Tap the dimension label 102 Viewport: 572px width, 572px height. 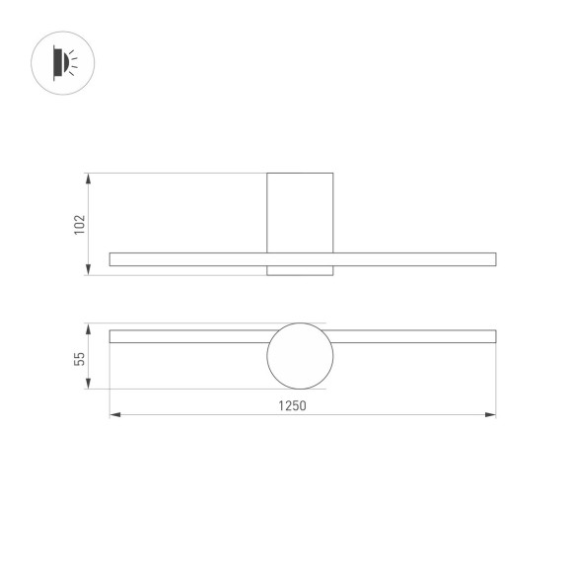click(x=78, y=224)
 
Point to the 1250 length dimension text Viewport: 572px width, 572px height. click(x=294, y=404)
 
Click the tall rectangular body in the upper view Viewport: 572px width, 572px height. click(x=300, y=212)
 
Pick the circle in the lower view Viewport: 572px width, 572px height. click(x=300, y=356)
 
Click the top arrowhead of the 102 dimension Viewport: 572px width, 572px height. click(x=89, y=179)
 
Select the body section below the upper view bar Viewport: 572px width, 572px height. click(x=300, y=270)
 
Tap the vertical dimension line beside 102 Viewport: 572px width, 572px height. click(x=89, y=224)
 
